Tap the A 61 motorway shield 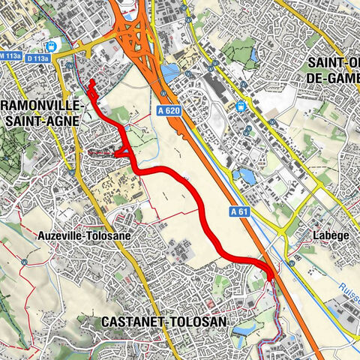(239, 212)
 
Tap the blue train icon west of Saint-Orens (241, 106)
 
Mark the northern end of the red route (91, 81)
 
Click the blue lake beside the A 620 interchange (169, 73)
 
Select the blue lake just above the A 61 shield (243, 177)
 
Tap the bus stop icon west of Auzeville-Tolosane (25, 262)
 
